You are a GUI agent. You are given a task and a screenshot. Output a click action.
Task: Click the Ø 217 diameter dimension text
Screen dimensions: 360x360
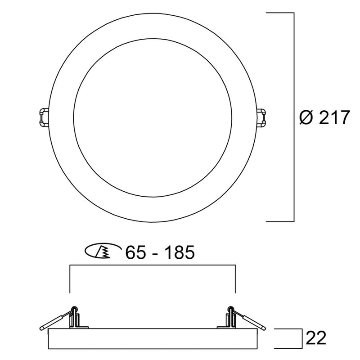pyautogui.click(x=324, y=117)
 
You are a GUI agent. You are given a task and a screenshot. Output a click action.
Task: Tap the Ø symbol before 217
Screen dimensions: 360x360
pyautogui.click(x=306, y=117)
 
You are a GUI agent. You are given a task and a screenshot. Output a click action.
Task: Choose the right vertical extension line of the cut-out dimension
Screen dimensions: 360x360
pyautogui.click(x=236, y=279)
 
